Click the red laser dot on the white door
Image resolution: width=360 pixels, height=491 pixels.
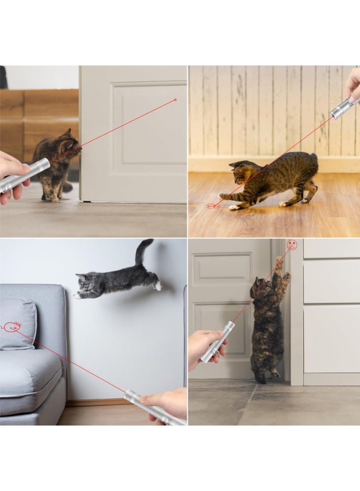pyautogui.click(x=175, y=100)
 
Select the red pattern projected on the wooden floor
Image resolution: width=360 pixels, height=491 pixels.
pyautogui.click(x=213, y=206)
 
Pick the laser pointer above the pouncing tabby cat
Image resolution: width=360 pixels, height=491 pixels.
pyautogui.click(x=342, y=108)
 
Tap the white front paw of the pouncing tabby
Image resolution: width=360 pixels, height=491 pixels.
pyautogui.click(x=234, y=207)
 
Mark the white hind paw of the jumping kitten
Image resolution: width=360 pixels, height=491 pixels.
pyautogui.click(x=157, y=285)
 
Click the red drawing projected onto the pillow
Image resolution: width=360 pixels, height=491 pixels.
pyautogui.click(x=12, y=327)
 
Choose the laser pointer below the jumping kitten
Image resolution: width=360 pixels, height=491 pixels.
pyautogui.click(x=153, y=408)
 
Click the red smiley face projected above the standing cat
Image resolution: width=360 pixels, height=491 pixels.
pyautogui.click(x=292, y=245)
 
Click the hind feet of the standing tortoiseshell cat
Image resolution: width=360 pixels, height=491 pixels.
pyautogui.click(x=267, y=376)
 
